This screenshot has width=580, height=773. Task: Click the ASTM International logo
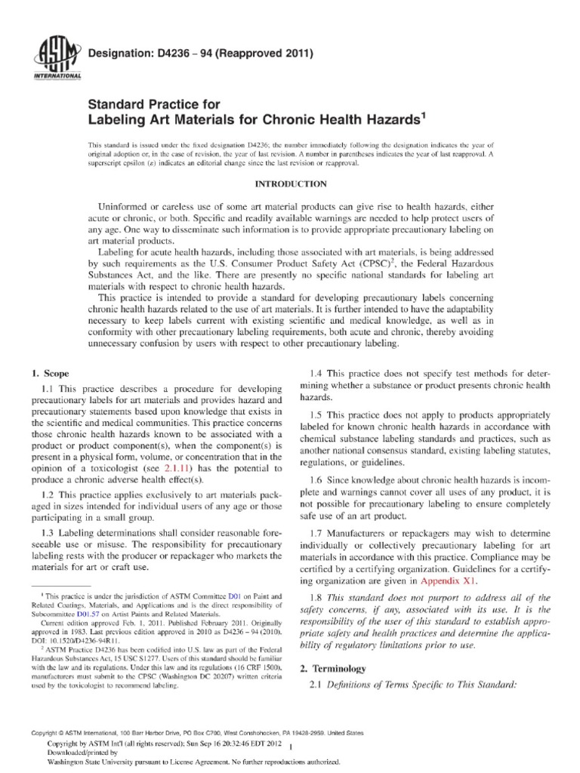point(46,60)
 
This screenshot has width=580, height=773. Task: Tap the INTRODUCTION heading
point(289,183)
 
